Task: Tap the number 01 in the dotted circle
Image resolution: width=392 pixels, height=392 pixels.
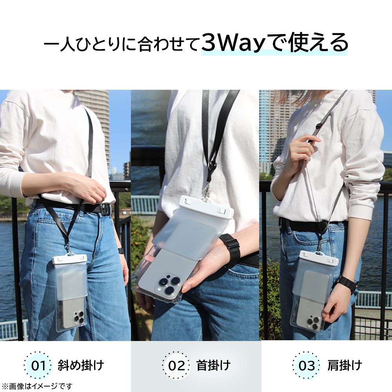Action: (x=38, y=366)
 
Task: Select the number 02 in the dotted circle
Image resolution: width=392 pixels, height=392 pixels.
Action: (x=176, y=366)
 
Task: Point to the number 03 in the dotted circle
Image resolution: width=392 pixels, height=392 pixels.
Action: (x=307, y=366)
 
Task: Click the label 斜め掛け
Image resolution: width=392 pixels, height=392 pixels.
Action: (x=81, y=365)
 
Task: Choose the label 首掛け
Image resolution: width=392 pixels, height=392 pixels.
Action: (x=213, y=365)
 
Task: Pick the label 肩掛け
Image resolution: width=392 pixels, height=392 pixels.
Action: (x=345, y=365)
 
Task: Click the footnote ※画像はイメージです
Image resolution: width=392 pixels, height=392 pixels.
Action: (x=37, y=386)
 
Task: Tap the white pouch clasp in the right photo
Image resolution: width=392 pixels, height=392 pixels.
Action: (x=319, y=258)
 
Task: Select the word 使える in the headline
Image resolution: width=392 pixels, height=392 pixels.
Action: (x=318, y=42)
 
